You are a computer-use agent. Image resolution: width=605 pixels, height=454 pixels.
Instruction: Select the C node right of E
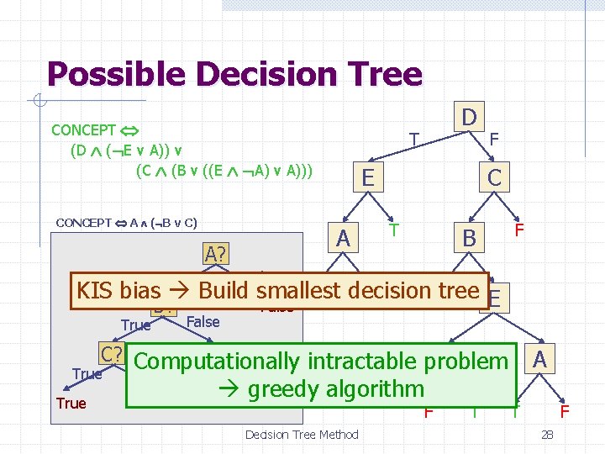click(x=494, y=177)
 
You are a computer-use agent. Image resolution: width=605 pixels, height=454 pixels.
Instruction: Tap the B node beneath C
click(x=469, y=239)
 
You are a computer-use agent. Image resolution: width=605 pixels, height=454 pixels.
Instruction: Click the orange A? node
click(x=218, y=253)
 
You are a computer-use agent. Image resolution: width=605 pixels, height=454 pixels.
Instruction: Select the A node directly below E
click(x=342, y=239)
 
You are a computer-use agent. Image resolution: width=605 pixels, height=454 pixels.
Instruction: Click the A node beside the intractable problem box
click(x=540, y=359)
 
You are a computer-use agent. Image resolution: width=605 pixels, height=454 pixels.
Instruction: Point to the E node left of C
click(x=367, y=177)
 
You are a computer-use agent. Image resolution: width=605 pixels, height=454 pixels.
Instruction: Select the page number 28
click(x=547, y=435)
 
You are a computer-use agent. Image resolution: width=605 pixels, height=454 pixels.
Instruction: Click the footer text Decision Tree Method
click(x=302, y=435)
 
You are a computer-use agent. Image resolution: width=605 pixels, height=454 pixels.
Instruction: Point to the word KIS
click(x=94, y=291)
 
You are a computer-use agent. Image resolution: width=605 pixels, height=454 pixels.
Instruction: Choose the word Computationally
click(x=215, y=362)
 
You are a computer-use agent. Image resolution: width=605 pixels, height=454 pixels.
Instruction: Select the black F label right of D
click(x=494, y=136)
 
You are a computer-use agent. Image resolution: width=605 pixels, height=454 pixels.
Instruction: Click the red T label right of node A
click(x=393, y=229)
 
